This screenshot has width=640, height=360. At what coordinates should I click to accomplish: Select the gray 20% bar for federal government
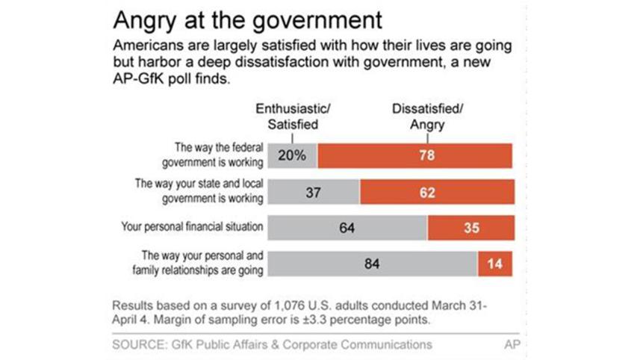coord(292,155)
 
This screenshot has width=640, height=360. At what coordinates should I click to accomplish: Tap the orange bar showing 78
coord(414,155)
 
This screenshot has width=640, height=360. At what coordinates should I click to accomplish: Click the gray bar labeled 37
coord(313,191)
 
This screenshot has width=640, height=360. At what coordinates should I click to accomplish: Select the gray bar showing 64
coord(347,227)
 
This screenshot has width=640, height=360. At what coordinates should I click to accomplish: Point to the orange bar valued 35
coord(470,227)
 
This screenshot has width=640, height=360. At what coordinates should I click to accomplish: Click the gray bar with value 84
coord(372,264)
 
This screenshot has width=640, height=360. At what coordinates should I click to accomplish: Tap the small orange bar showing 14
coord(495,264)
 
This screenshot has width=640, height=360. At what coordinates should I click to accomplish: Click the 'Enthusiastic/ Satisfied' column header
coord(292,117)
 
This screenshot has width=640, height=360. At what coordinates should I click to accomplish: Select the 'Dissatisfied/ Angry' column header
coord(426,117)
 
